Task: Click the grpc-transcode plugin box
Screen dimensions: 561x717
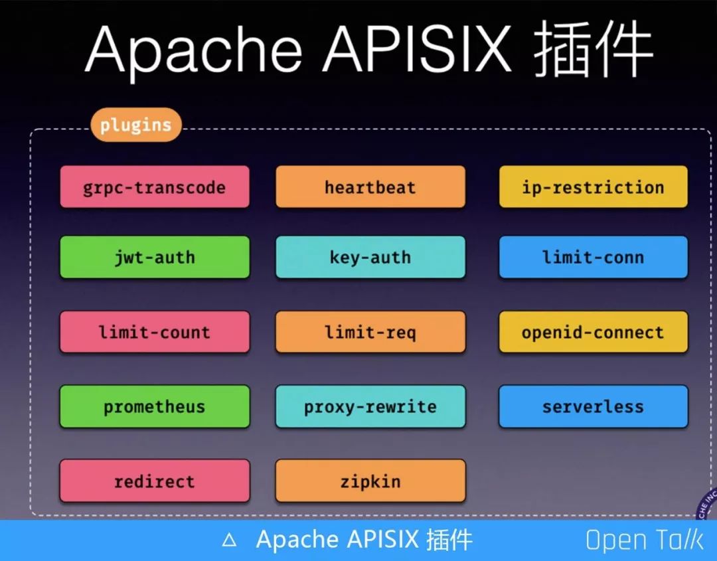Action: pyautogui.click(x=155, y=187)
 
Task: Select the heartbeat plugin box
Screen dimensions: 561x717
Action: pyautogui.click(x=370, y=187)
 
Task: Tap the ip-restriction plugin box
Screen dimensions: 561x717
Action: pyautogui.click(x=593, y=187)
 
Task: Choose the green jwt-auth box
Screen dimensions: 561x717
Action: pyautogui.click(x=155, y=257)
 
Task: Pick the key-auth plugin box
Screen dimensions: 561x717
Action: pyautogui.click(x=370, y=257)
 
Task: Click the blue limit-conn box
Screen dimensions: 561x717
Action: pyautogui.click(x=593, y=257)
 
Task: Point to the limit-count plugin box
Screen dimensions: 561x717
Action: pyautogui.click(x=155, y=332)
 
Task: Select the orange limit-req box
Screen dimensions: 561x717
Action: pyautogui.click(x=370, y=332)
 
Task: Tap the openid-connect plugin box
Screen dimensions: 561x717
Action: pyautogui.click(x=593, y=332)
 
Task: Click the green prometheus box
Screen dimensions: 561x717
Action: pyautogui.click(x=155, y=406)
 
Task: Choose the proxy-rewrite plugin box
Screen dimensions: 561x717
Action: pyautogui.click(x=370, y=406)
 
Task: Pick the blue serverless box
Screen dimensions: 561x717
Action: pyautogui.click(x=593, y=406)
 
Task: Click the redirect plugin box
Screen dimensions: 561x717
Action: pyautogui.click(x=155, y=481)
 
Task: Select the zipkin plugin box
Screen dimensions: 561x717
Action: pyautogui.click(x=370, y=481)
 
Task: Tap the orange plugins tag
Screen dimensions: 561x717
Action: pyautogui.click(x=135, y=125)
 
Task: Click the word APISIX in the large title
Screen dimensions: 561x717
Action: pyautogui.click(x=417, y=50)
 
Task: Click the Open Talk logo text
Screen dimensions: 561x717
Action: pyautogui.click(x=644, y=540)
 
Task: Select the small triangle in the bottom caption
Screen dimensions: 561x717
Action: pyautogui.click(x=229, y=540)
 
